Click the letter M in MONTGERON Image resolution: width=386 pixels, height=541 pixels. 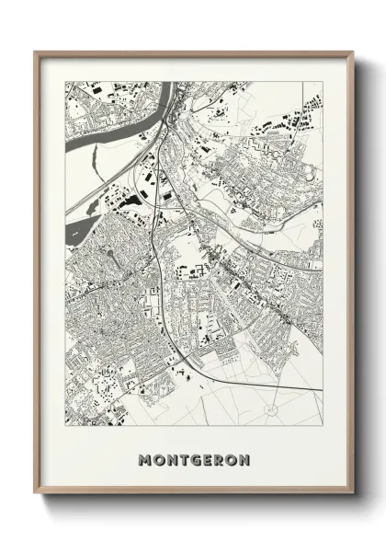click(143, 458)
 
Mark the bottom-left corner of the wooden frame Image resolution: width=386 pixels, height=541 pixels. click(36, 496)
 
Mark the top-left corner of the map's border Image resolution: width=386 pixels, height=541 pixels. click(64, 81)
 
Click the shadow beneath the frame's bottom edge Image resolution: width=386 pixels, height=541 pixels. click(193, 501)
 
